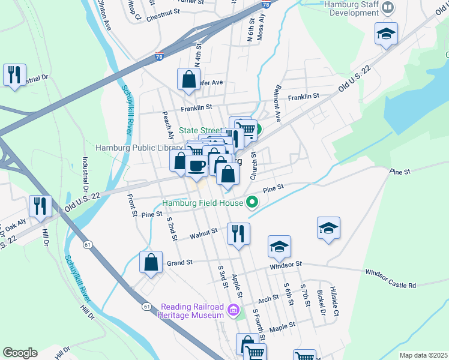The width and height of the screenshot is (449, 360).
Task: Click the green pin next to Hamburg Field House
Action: (x=252, y=203)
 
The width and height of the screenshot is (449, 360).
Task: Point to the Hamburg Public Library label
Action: (x=139, y=148)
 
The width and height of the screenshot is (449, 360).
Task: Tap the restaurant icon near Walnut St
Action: (x=238, y=233)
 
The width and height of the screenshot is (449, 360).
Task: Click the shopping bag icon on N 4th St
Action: (x=188, y=79)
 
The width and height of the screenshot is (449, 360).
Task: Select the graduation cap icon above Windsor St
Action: (x=279, y=246)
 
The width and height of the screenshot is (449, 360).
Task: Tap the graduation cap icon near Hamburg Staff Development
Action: (x=387, y=34)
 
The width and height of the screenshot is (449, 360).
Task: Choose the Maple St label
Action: (x=283, y=327)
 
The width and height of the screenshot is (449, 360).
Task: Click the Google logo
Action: (x=20, y=352)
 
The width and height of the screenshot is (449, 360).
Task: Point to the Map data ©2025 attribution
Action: (x=423, y=355)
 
